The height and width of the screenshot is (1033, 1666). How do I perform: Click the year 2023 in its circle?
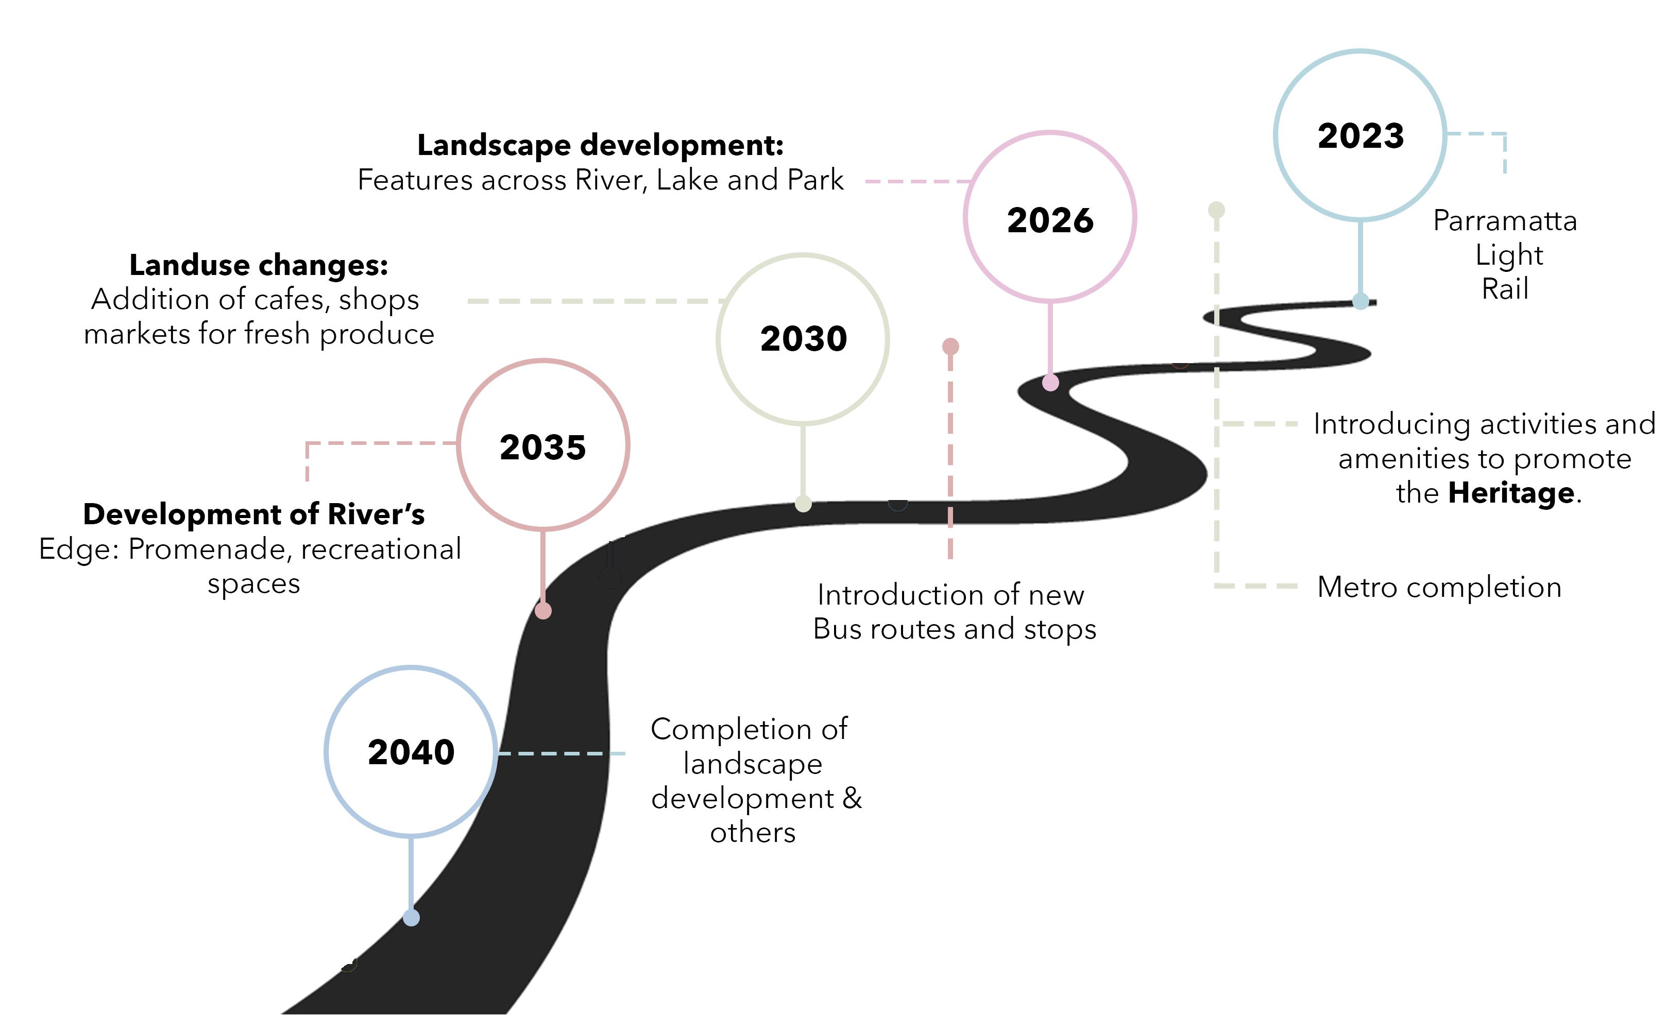click(1360, 135)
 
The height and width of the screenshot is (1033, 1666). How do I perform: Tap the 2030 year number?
click(803, 338)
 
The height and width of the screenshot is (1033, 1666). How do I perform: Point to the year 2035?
click(542, 447)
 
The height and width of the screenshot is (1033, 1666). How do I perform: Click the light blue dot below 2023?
click(1360, 301)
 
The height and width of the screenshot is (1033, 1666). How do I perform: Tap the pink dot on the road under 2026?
click(1050, 383)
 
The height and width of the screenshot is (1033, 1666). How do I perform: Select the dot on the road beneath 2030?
click(803, 504)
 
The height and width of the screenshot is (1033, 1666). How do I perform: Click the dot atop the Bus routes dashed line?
click(950, 347)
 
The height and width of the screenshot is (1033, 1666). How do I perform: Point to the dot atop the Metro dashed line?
click(1216, 210)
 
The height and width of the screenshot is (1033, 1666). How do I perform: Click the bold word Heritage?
click(1511, 493)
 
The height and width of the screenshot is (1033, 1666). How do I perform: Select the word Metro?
click(1356, 587)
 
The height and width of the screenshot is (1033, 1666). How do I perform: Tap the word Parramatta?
click(1505, 221)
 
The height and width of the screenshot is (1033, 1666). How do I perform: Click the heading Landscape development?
click(600, 145)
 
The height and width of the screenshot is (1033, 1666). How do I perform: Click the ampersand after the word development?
click(852, 798)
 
